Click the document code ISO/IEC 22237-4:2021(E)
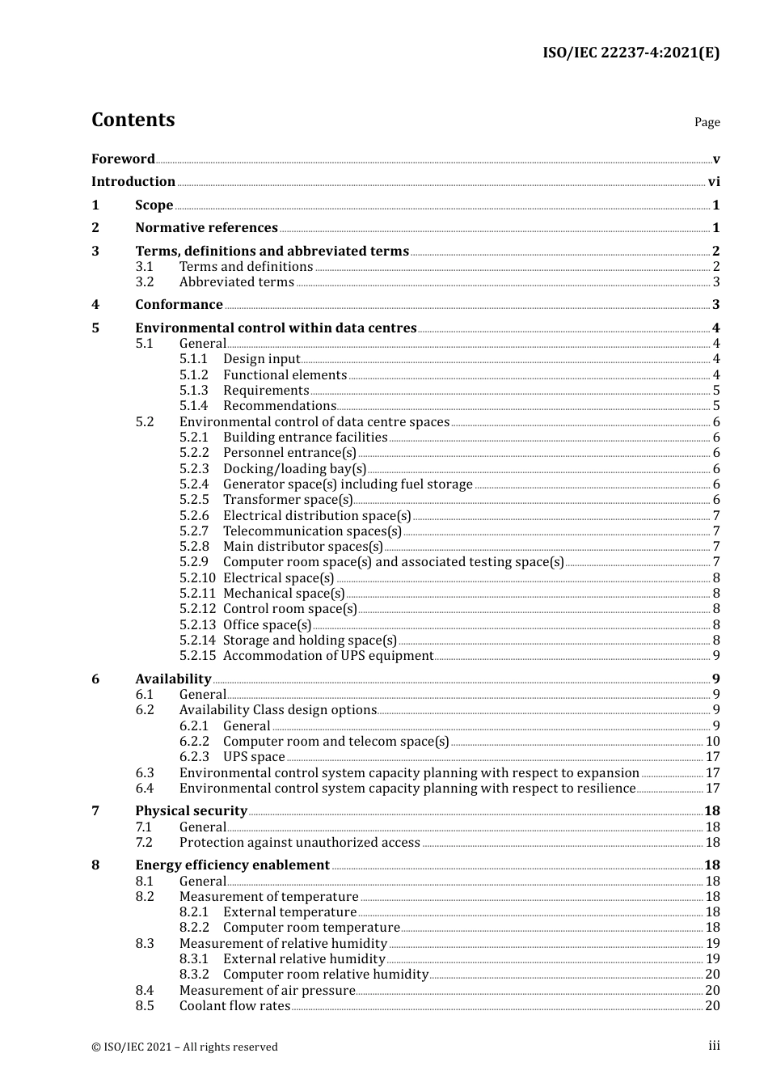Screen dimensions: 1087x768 (x=631, y=53)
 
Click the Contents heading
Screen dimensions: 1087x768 (x=133, y=120)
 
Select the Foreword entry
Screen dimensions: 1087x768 (x=123, y=159)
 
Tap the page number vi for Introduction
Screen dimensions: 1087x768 (x=714, y=182)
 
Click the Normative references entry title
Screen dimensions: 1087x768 (x=206, y=228)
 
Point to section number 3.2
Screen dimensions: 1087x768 (x=145, y=282)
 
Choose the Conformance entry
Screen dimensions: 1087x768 (x=179, y=305)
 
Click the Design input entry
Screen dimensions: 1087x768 (x=261, y=359)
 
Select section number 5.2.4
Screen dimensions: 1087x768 (x=194, y=484)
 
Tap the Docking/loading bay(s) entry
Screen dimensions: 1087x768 (x=294, y=469)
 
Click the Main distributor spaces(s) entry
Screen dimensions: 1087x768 (x=302, y=547)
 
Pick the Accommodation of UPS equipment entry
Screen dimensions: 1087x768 (x=328, y=656)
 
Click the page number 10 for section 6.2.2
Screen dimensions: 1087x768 (x=712, y=742)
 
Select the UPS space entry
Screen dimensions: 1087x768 (x=254, y=757)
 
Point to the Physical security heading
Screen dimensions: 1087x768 (x=191, y=811)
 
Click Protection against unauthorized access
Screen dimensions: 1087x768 (x=299, y=843)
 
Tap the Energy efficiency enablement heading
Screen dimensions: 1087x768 (x=232, y=865)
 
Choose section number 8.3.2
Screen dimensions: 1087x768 (x=194, y=975)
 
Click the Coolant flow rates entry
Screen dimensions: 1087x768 (x=234, y=1006)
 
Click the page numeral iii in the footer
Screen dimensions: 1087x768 (x=714, y=1046)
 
